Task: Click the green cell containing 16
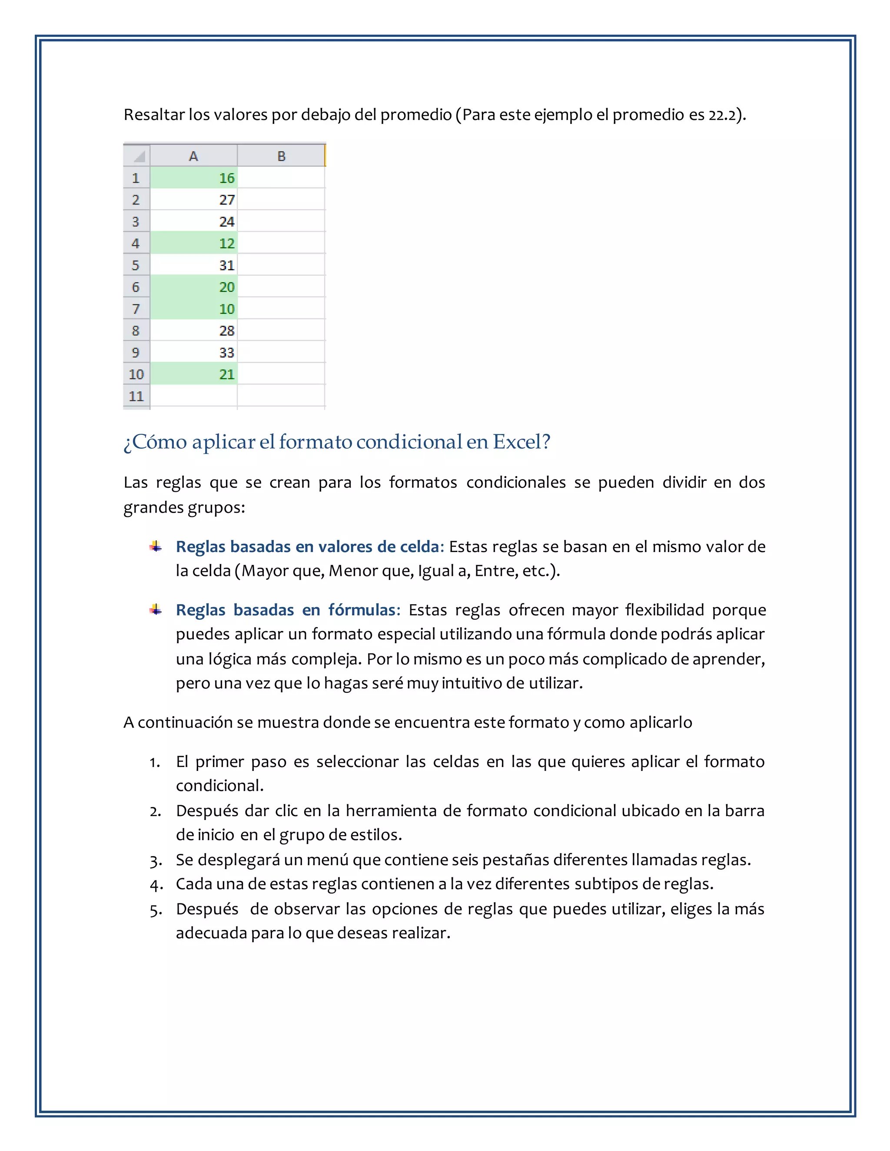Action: [193, 178]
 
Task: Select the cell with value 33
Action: [193, 352]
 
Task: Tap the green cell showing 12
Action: [193, 244]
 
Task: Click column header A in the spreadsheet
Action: [193, 156]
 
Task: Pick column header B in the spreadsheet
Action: [281, 156]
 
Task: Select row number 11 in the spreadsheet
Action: [136, 396]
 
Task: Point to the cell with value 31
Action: [193, 265]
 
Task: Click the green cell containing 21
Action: [193, 374]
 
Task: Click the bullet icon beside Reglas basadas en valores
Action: [156, 546]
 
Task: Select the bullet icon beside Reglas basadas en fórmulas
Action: [156, 610]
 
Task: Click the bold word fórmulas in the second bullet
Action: [362, 610]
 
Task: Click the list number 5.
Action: [155, 910]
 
